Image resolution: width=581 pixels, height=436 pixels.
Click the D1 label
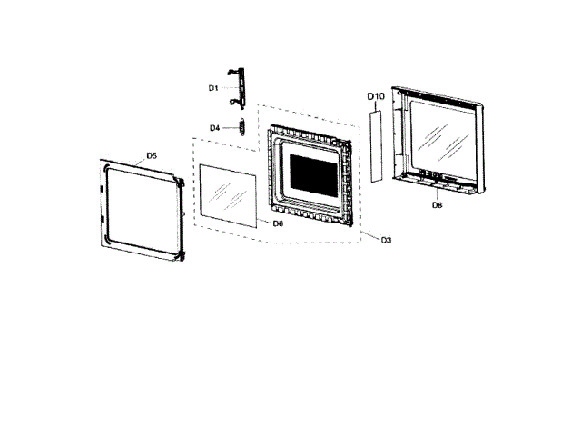(213, 88)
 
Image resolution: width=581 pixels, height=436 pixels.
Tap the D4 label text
(215, 128)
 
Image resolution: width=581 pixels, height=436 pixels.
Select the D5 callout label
(152, 156)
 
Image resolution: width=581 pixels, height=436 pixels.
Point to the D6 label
(279, 223)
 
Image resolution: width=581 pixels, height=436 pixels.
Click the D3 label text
(386, 240)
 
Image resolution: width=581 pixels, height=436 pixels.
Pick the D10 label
(376, 95)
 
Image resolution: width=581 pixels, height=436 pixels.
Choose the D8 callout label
(437, 205)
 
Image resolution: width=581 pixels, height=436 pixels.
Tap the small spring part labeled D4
(241, 126)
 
